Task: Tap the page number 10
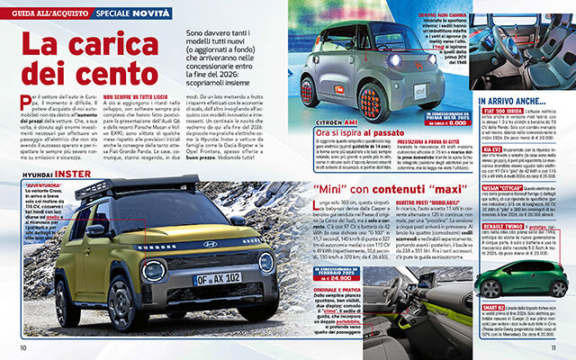[x=23, y=348]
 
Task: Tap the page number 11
[x=553, y=348]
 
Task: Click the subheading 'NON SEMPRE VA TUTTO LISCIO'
[x=138, y=95]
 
